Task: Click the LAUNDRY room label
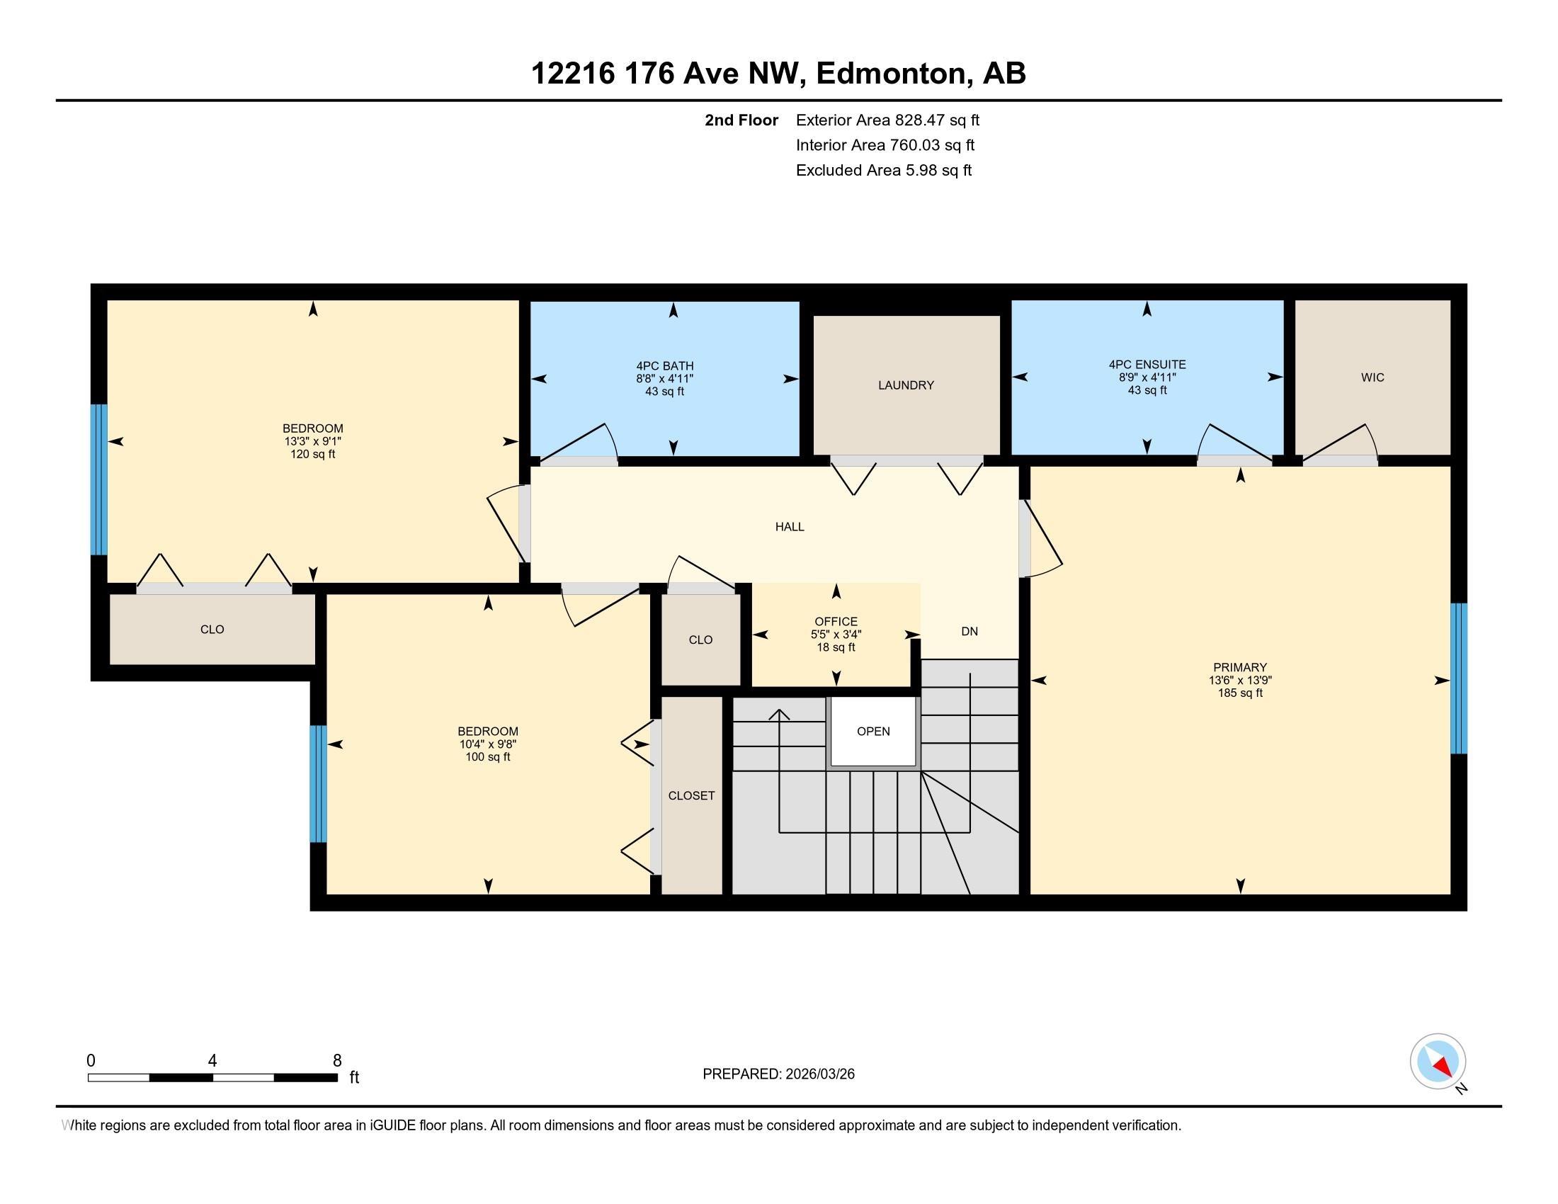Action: [906, 385]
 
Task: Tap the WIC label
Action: [1372, 377]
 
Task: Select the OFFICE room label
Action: [836, 622]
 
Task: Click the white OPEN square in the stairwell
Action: [873, 732]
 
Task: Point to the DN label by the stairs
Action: [970, 631]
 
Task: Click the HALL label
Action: [790, 527]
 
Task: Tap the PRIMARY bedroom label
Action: [1240, 668]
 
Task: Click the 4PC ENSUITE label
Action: [1147, 365]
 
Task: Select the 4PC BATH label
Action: [665, 366]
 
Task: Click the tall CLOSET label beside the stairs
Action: [691, 795]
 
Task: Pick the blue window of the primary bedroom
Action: [1460, 678]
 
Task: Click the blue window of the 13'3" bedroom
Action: [98, 479]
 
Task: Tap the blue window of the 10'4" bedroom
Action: [318, 784]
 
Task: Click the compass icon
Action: [1438, 1062]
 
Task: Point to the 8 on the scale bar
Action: [337, 1061]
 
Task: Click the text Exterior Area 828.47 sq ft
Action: [888, 120]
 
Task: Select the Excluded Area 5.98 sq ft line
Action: [884, 170]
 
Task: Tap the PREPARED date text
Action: [778, 1074]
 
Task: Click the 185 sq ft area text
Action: [1240, 693]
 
